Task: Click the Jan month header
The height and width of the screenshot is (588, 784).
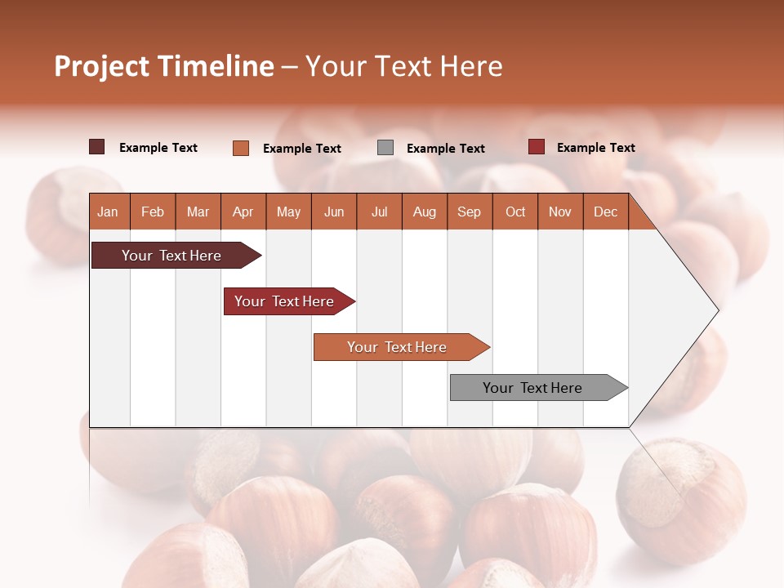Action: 108,212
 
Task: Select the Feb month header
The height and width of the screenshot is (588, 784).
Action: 153,212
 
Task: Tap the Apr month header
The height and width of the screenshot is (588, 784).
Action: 243,212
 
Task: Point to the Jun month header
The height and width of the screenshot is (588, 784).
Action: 334,212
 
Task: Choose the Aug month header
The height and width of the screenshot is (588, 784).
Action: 424,212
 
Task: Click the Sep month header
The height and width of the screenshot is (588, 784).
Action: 469,212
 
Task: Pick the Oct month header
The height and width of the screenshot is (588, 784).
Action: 515,212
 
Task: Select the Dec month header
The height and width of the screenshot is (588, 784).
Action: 605,212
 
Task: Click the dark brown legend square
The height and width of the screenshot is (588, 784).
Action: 96,147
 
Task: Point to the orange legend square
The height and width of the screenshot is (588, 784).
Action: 241,148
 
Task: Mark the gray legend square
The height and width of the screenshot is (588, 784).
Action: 385,148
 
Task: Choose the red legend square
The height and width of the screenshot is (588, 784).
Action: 536,147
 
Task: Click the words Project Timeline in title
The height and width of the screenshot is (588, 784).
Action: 164,66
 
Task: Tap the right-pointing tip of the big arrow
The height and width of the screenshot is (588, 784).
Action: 715,310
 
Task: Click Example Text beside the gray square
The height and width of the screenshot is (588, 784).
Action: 445,149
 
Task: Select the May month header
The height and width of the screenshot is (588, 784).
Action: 288,212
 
